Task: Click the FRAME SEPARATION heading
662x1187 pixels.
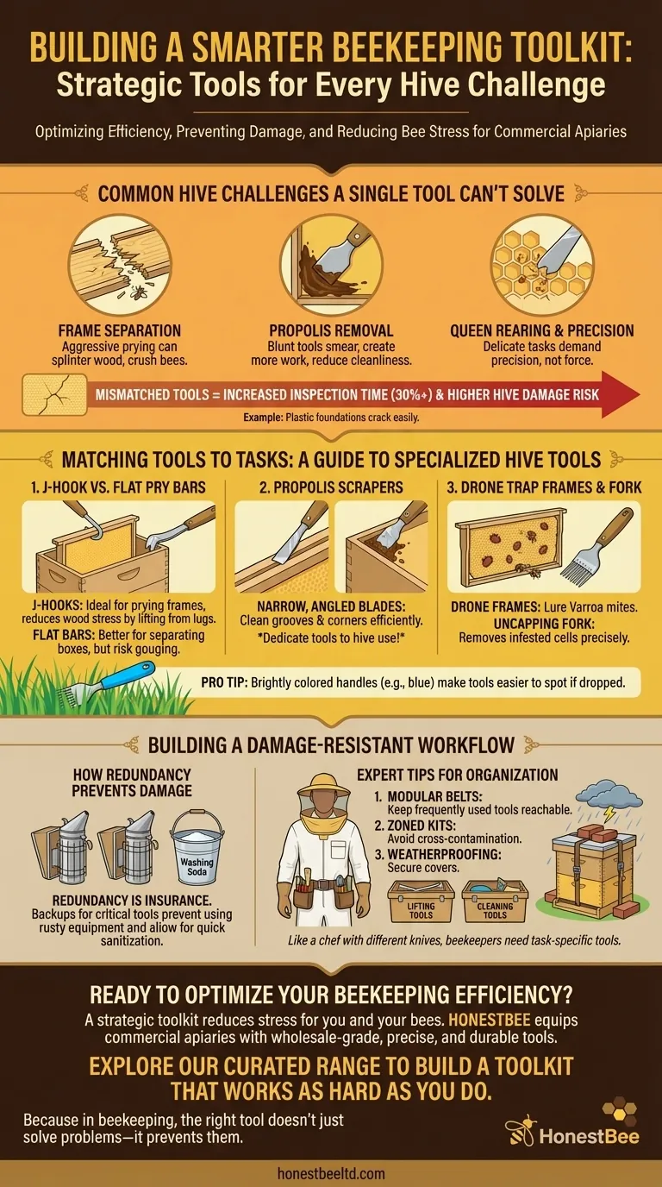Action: coord(120,330)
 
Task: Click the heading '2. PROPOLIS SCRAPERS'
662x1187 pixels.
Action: coord(331,487)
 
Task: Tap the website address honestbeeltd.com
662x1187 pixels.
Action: coord(331,1173)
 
